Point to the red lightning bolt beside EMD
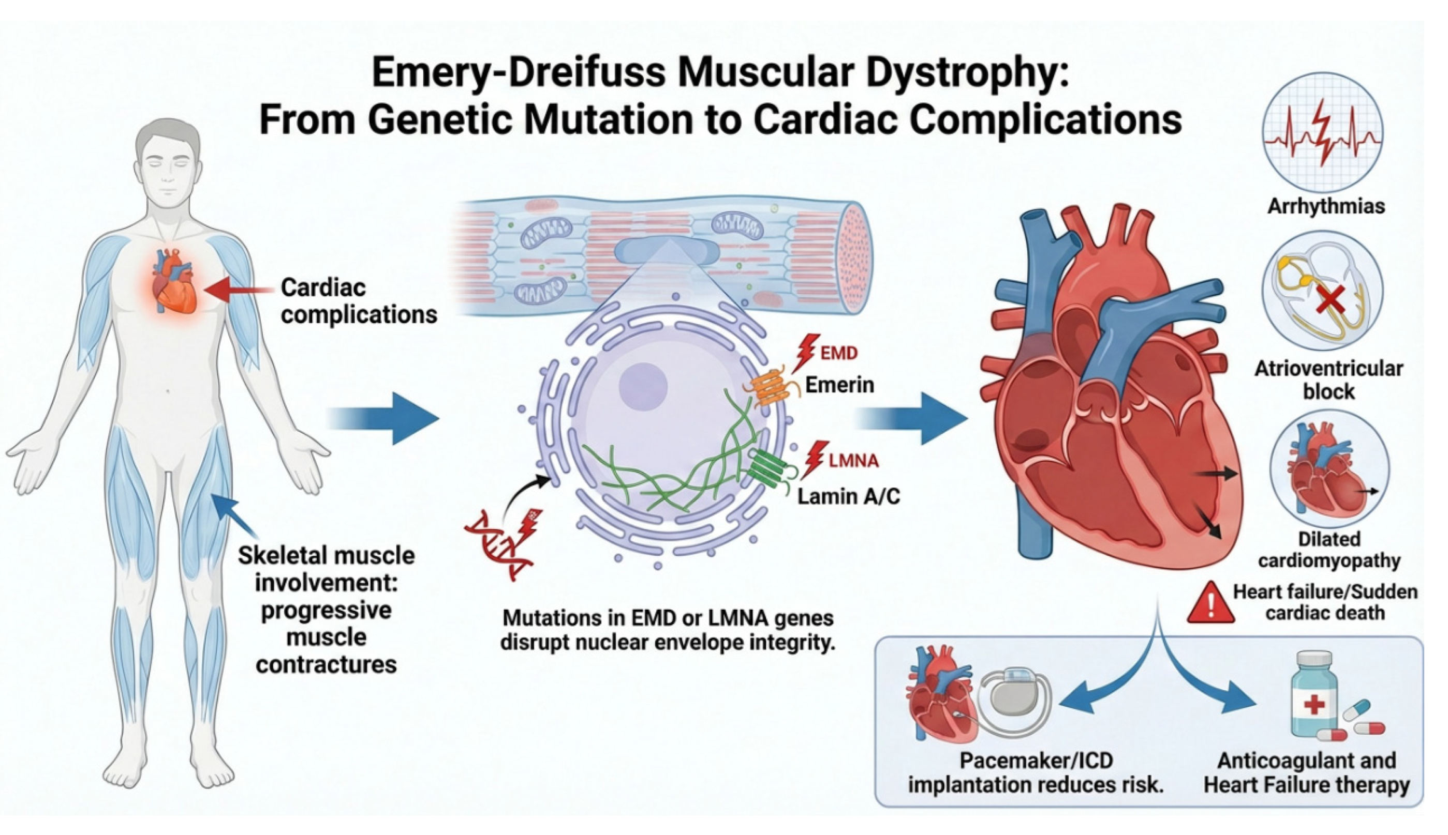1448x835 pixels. click(x=806, y=353)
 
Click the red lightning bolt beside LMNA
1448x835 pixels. click(x=816, y=459)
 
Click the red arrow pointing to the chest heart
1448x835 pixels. click(x=239, y=290)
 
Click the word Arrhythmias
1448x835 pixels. click(x=1326, y=206)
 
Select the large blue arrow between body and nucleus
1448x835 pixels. click(x=383, y=418)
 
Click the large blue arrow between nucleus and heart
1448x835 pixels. click(x=911, y=418)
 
